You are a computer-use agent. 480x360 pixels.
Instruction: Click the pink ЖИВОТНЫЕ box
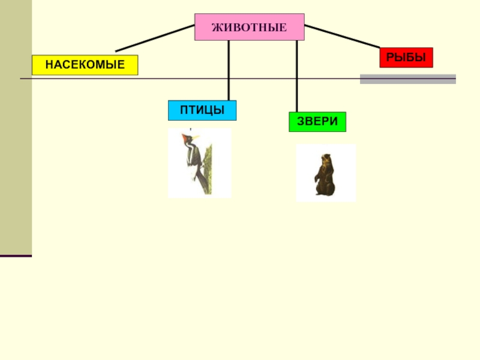pos(249,27)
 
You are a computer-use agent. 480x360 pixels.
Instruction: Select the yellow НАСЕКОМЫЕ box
pos(85,65)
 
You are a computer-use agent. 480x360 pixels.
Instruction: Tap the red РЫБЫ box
pos(406,58)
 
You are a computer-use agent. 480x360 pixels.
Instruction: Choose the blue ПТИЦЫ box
pos(202,110)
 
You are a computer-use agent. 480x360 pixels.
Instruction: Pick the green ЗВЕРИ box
pos(317,121)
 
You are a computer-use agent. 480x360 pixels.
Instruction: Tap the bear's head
pos(326,160)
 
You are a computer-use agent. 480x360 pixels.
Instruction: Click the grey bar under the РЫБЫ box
pos(407,79)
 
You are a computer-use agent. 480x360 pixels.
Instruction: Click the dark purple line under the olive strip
pos(16,256)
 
